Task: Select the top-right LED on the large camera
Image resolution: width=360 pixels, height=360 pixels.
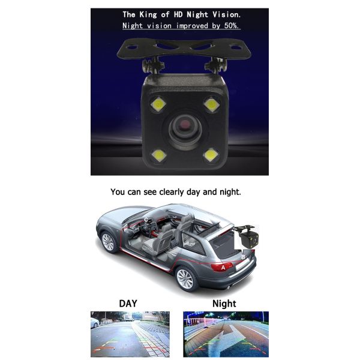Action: (x=210, y=104)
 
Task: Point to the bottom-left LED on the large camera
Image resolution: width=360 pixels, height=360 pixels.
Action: (x=158, y=155)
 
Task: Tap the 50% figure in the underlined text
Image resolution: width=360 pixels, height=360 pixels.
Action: (x=231, y=26)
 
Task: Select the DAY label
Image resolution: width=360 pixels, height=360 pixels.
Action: (x=128, y=303)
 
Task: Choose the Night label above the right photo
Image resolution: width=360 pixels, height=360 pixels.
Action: (x=224, y=303)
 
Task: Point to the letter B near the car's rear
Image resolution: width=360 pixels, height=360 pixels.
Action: (x=242, y=256)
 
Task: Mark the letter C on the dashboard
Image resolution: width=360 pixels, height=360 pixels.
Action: (x=148, y=220)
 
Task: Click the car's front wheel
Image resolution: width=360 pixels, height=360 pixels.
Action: (x=109, y=242)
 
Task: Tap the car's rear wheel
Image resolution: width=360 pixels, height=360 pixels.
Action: (x=186, y=279)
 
